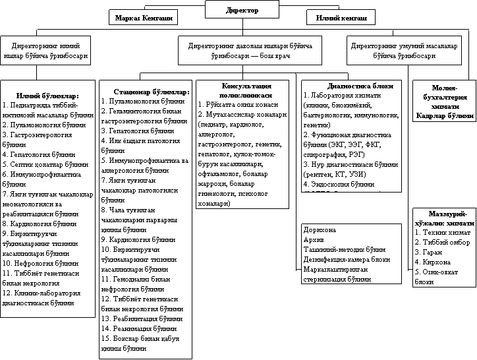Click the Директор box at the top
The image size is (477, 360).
point(242,11)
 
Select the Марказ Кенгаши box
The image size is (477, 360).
point(144,18)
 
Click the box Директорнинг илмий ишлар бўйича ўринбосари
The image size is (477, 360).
point(43,51)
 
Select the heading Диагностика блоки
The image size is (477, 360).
point(351,86)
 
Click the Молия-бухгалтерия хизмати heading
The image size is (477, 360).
point(444,97)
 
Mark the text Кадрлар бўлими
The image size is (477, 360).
point(444,115)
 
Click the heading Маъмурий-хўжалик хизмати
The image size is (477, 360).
point(444,220)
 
